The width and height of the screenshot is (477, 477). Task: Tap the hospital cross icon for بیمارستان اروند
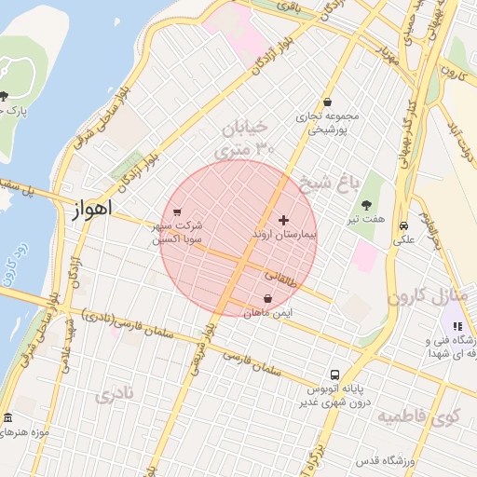[284, 219]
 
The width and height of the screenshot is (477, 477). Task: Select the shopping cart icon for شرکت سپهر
[177, 211]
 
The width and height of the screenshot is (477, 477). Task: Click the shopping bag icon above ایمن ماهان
[268, 298]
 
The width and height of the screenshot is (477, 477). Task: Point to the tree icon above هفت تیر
[365, 204]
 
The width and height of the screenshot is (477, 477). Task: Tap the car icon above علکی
[403, 225]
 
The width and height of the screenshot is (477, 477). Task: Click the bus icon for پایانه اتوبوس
[334, 376]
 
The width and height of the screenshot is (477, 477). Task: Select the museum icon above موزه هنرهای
[8, 418]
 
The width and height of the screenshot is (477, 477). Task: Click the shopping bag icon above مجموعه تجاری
[327, 102]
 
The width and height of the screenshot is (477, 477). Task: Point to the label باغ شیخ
[327, 181]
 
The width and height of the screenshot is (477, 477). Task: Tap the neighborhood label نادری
[115, 394]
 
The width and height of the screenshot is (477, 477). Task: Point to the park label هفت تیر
[374, 218]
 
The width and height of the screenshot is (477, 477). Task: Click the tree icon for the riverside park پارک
[5, 97]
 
